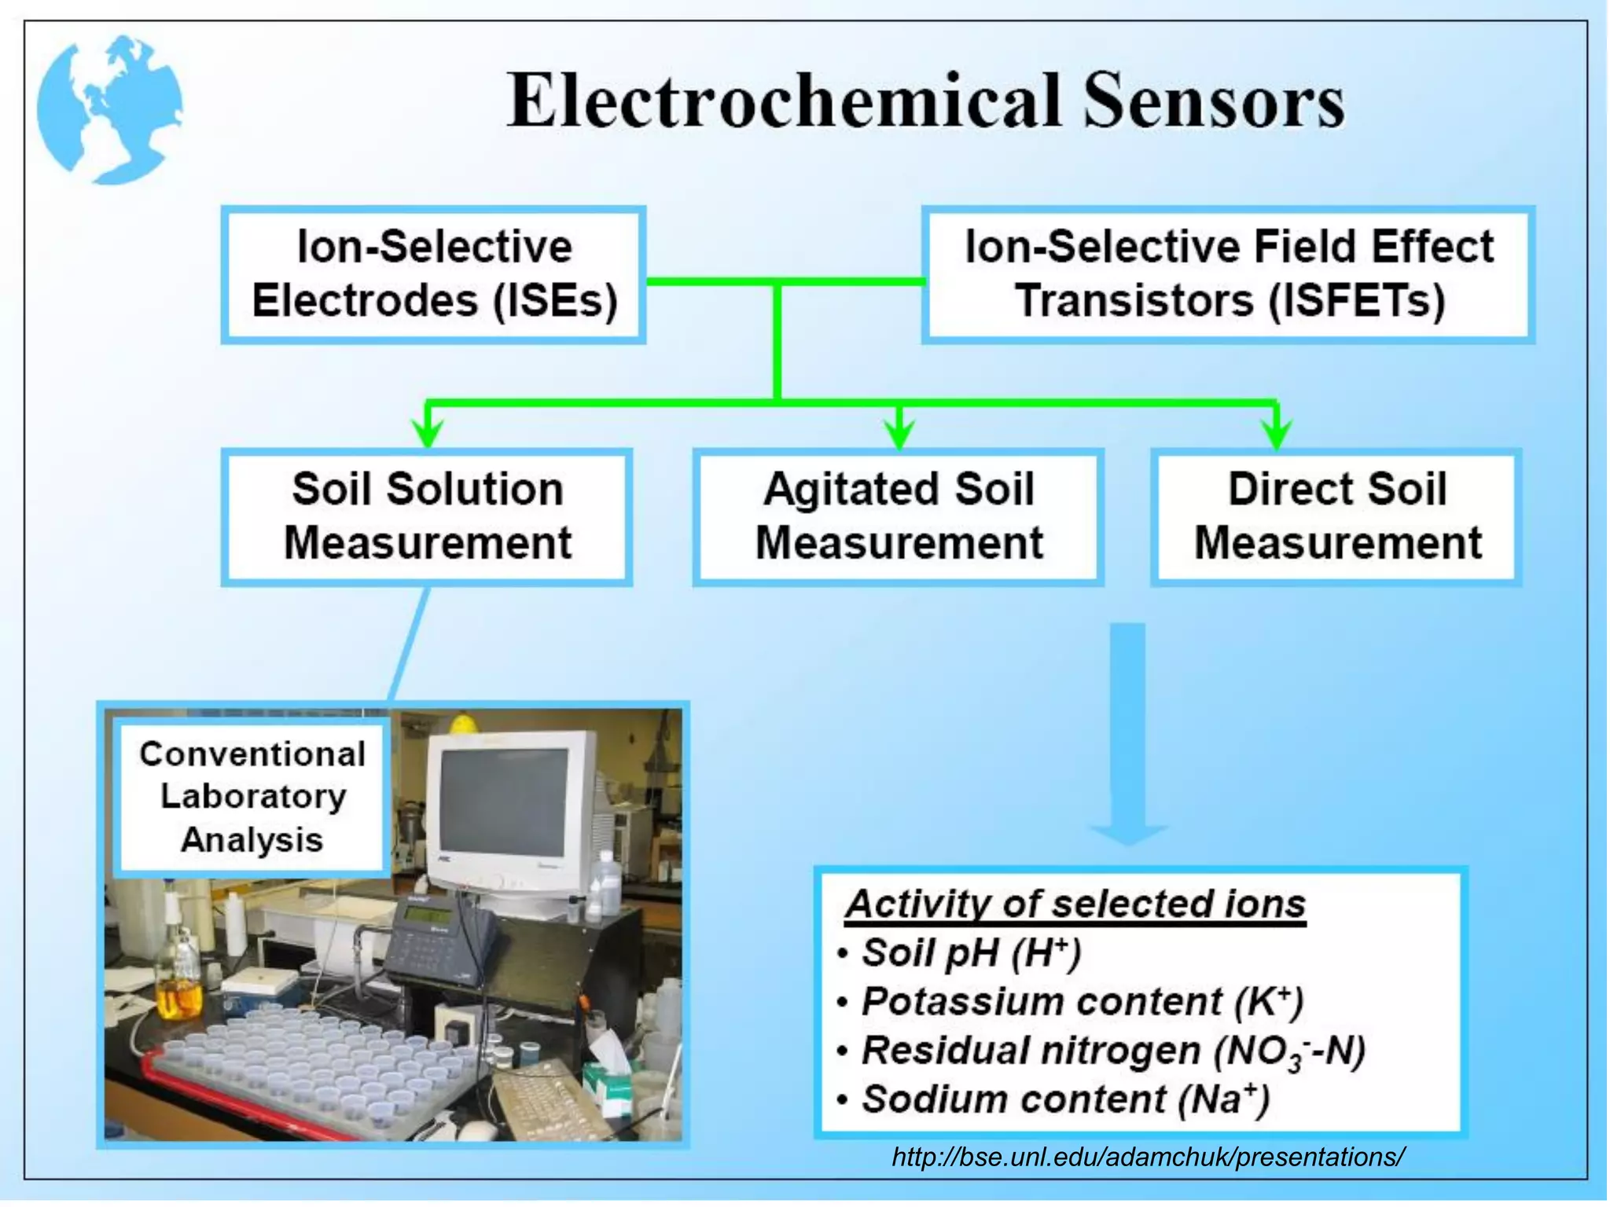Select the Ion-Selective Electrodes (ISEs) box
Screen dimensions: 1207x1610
tap(434, 274)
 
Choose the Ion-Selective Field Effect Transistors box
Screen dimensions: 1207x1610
tap(1228, 274)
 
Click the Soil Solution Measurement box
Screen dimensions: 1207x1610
tap(427, 516)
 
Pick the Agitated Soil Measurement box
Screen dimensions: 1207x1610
tap(898, 516)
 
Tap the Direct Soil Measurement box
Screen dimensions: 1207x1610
tap(1336, 516)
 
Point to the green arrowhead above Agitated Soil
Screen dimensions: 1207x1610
tap(899, 431)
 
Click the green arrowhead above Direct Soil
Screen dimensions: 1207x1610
tap(1277, 431)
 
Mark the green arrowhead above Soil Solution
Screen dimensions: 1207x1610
tap(428, 431)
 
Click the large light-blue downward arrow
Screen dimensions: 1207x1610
tap(1127, 731)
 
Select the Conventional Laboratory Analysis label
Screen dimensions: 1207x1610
tap(252, 796)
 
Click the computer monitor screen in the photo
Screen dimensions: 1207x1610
tap(504, 802)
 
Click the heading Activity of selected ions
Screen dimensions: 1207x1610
tap(1075, 904)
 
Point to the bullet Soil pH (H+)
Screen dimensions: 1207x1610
tap(972, 953)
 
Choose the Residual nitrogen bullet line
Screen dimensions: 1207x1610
tap(1112, 1051)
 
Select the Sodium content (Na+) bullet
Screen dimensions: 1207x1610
tap(1065, 1099)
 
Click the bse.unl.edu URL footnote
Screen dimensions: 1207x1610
tap(1148, 1157)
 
